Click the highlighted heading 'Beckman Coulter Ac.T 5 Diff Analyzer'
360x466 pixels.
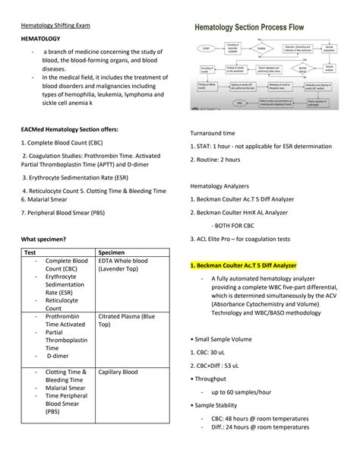tap(254, 265)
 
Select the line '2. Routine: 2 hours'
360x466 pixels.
tap(215, 159)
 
